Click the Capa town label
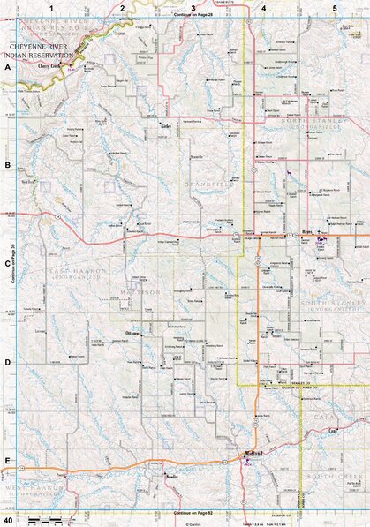pyautogui.click(x=333, y=431)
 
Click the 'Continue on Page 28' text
pyautogui.click(x=184, y=15)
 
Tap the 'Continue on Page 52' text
pyautogui.click(x=184, y=513)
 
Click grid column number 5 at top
pyautogui.click(x=335, y=7)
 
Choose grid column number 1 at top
pyautogui.click(x=52, y=7)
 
